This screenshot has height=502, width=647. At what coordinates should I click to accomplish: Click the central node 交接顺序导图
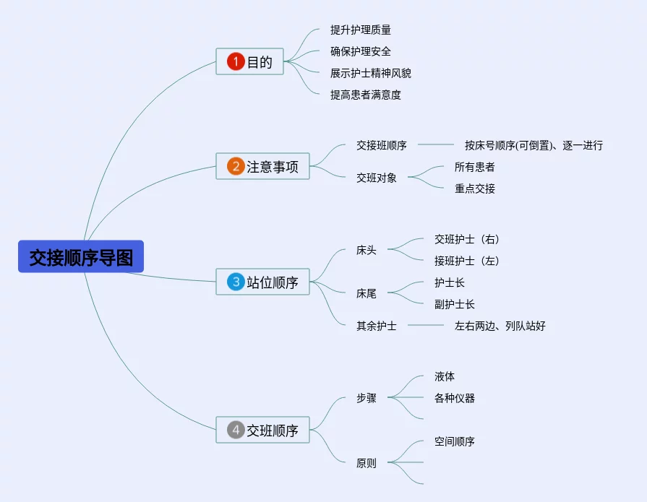coord(81,256)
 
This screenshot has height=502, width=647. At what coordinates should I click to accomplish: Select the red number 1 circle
coord(236,62)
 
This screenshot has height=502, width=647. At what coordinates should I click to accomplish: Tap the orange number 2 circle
coord(236,167)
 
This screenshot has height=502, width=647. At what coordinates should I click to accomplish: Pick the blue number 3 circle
coord(236,282)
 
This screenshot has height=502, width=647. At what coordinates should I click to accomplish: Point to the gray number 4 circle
coord(236,430)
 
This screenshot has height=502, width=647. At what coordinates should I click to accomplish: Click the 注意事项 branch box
coord(263,167)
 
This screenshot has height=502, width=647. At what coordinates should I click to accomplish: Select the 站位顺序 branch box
coord(263,282)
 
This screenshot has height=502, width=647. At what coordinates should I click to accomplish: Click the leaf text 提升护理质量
coord(361,30)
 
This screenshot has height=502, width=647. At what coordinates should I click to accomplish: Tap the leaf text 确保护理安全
coord(361,51)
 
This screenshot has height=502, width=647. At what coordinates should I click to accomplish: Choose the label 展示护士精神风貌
coord(371,73)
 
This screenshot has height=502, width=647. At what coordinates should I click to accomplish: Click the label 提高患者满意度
coord(366,95)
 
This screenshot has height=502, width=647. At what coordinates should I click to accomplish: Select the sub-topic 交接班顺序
coord(382,145)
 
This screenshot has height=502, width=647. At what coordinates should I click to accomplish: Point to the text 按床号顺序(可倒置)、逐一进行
coord(534,145)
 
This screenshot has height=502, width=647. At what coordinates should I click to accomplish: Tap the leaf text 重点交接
coord(475,189)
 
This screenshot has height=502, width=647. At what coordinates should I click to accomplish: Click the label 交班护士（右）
coord(467,239)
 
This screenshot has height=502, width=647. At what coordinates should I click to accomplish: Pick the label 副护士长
coord(455,304)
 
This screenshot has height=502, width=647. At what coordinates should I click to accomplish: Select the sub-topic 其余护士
coord(377,326)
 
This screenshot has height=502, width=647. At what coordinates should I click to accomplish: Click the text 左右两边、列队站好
coord(500,326)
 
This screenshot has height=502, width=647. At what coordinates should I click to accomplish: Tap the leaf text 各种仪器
coord(455,398)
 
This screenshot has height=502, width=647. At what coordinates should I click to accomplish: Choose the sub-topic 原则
coord(367,463)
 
